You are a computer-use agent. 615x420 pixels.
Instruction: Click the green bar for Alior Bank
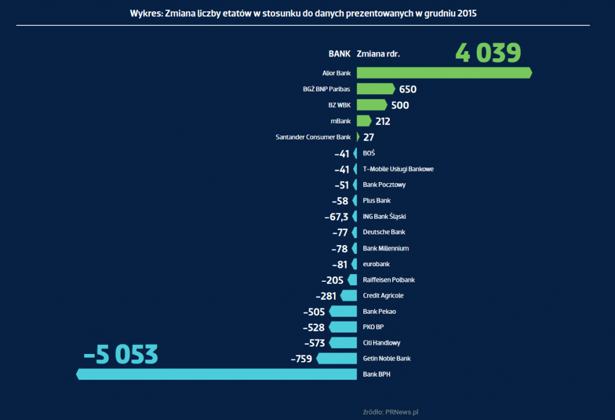(444, 73)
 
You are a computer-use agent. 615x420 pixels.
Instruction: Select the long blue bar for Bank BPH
(217, 374)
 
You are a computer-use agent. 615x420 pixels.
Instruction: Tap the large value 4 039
(488, 53)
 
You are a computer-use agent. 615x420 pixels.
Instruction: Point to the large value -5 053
(121, 355)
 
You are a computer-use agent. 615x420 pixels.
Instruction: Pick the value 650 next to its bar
(408, 90)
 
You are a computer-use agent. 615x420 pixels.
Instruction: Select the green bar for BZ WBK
(372, 105)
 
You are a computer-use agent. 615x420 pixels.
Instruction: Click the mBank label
(341, 121)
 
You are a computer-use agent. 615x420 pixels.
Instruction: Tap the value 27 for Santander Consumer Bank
(369, 137)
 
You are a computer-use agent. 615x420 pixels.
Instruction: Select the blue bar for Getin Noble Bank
(336, 359)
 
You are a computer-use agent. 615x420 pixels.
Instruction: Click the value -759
(301, 359)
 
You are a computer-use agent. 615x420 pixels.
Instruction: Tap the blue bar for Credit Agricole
(349, 296)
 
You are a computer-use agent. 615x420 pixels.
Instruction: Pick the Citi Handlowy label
(381, 343)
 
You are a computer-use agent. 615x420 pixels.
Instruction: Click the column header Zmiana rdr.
(378, 53)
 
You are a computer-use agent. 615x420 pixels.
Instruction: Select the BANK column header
(339, 53)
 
